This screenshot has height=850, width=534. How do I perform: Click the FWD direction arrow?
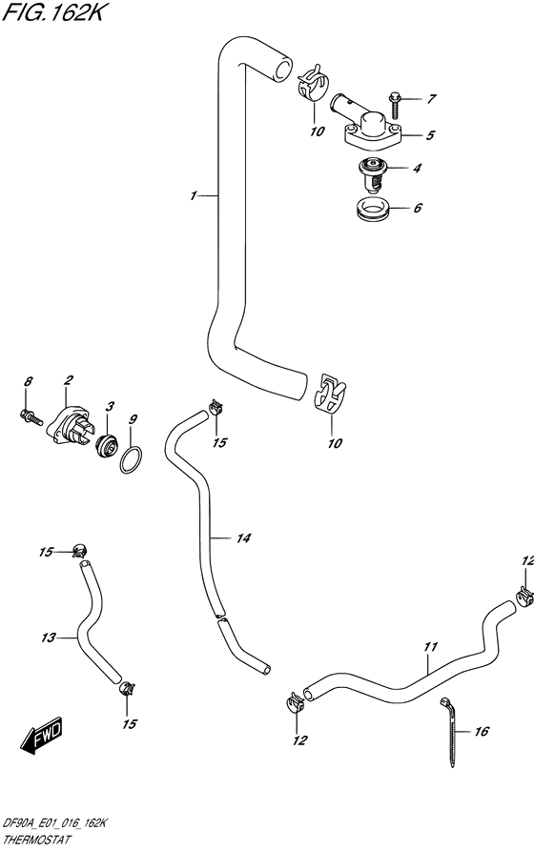click(42, 737)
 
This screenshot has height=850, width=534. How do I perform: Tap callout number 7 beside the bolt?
click(431, 99)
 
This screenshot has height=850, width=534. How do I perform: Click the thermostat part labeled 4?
click(372, 174)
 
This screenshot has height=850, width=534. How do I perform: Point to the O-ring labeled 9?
click(131, 459)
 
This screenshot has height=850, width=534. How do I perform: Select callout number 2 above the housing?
click(68, 381)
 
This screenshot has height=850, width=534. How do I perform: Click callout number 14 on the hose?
click(243, 538)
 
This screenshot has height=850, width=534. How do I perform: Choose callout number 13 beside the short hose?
click(49, 638)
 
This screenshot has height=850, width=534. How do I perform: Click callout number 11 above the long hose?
click(430, 647)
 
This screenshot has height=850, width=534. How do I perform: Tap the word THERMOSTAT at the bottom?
click(37, 840)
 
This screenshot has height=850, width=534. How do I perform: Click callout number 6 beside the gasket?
click(418, 208)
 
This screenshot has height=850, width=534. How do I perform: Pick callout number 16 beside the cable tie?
click(482, 732)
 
